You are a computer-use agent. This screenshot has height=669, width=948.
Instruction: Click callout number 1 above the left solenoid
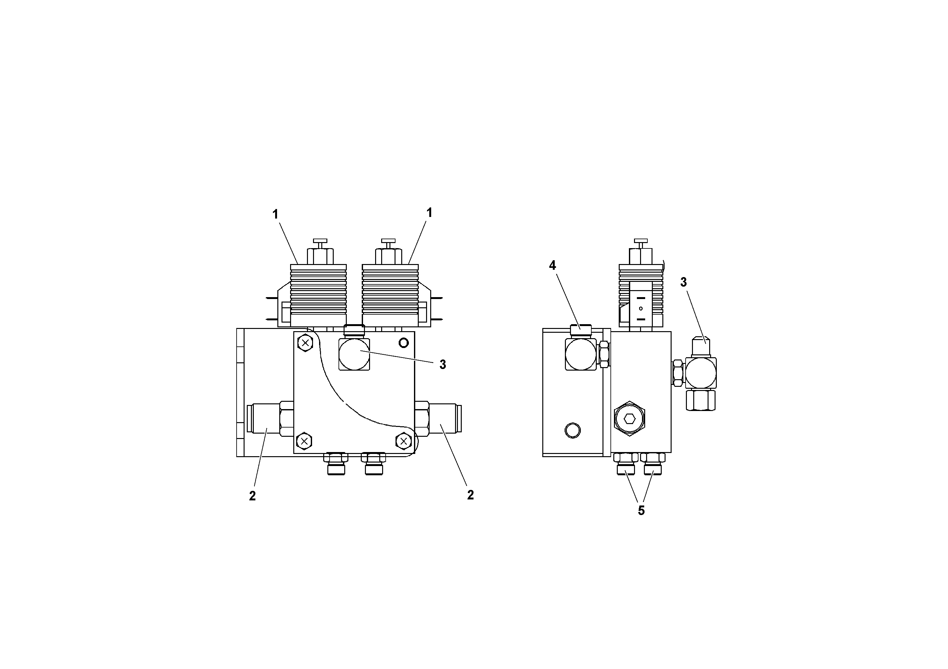click(275, 214)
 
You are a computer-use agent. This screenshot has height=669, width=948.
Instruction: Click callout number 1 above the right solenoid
click(429, 213)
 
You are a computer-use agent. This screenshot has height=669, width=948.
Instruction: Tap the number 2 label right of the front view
click(470, 495)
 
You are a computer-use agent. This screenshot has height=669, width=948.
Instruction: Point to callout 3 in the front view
click(443, 365)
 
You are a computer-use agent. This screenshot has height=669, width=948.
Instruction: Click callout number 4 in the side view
click(552, 266)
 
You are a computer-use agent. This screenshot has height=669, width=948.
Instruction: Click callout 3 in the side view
click(683, 282)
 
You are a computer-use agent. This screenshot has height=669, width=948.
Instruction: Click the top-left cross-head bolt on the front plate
click(305, 342)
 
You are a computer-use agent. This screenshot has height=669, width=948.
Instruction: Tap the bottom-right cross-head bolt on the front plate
click(403, 441)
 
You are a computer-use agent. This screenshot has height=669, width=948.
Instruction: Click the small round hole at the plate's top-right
click(404, 343)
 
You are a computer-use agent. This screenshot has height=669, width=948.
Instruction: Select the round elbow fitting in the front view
click(354, 354)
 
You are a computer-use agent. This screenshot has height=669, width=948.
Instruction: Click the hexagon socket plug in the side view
click(630, 419)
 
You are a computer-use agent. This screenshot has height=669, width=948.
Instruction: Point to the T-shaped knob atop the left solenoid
click(320, 241)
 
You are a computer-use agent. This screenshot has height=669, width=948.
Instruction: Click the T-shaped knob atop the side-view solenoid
click(640, 241)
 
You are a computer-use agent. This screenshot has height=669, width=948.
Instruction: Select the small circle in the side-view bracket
click(572, 430)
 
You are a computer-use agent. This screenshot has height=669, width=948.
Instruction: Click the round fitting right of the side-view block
click(701, 373)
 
